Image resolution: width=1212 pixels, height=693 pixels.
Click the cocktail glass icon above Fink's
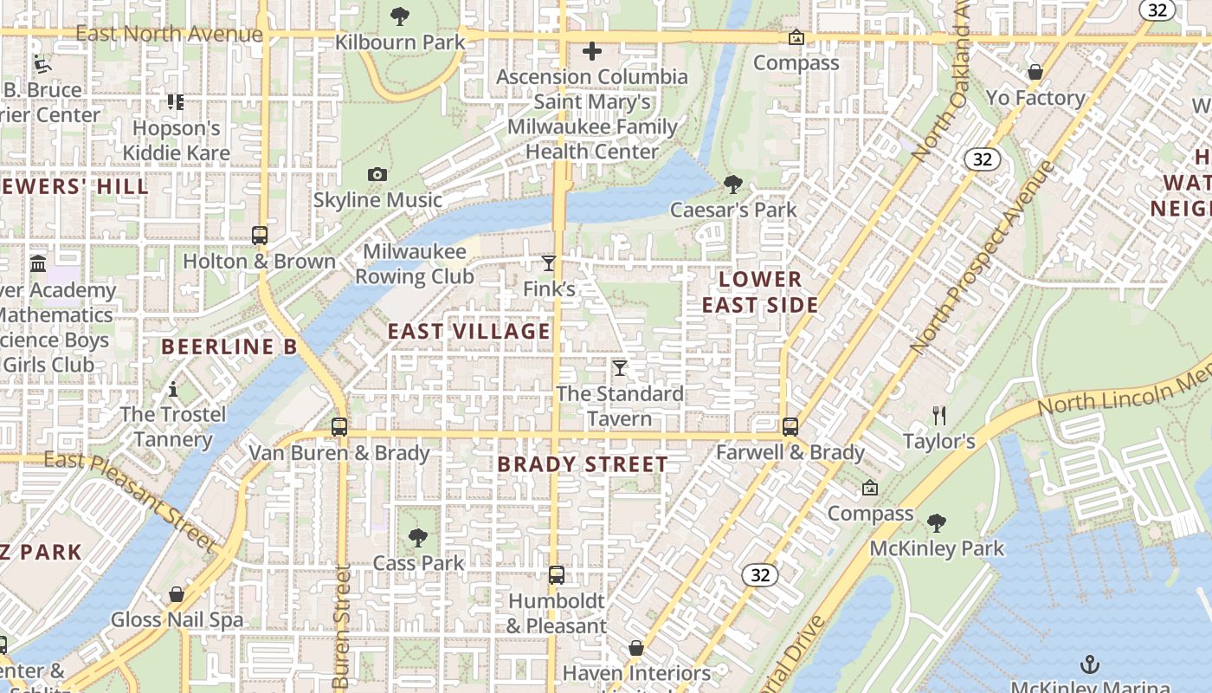point(548,263)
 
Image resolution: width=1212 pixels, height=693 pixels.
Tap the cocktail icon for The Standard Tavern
point(620,368)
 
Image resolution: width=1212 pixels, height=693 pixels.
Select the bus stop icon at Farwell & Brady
point(790,426)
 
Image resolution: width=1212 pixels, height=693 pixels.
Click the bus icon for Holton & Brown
point(259,235)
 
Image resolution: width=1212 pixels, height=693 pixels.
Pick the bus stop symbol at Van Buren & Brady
point(338,426)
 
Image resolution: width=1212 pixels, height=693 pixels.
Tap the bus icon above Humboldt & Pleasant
point(557,574)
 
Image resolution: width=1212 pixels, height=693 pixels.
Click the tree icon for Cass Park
point(418,537)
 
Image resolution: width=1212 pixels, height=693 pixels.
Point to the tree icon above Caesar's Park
point(733,184)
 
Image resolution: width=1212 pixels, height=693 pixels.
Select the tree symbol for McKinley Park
point(936,522)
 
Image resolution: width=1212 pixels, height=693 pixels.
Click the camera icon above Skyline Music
point(377,174)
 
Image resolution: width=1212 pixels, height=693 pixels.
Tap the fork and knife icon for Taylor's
point(939,415)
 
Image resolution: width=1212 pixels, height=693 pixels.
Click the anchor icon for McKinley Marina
point(1090,664)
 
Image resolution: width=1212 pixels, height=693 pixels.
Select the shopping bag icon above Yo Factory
point(1035,72)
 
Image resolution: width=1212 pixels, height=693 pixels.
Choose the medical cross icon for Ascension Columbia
point(592,51)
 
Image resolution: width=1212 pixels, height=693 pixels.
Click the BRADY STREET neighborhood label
point(583,464)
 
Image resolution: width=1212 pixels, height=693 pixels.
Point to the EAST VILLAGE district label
point(468,332)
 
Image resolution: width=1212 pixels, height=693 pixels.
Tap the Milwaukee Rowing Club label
point(415,263)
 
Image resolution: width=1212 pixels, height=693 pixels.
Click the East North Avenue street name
point(169,34)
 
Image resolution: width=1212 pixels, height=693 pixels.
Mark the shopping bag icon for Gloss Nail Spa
point(177,594)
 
